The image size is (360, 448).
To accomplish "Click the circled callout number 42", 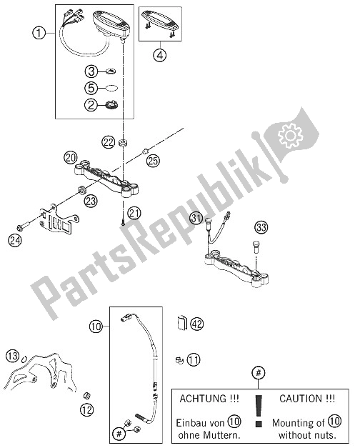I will coord(197,324).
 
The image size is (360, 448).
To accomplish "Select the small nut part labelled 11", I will coord(176,361).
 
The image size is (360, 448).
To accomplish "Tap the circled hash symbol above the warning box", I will coord(259,372).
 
